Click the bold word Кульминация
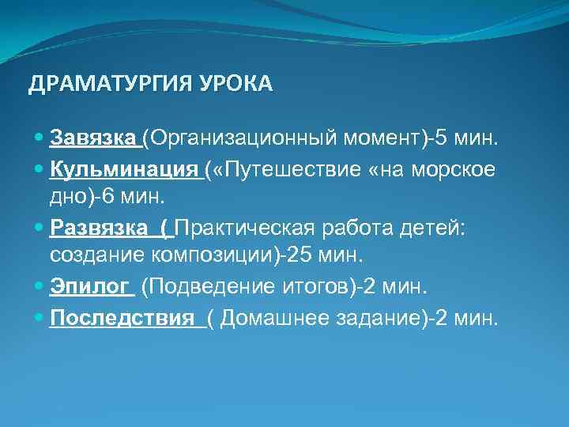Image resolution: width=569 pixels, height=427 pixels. coord(123,169)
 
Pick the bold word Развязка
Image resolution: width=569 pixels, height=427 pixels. coord(99,229)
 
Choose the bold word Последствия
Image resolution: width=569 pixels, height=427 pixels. coord(122,318)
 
